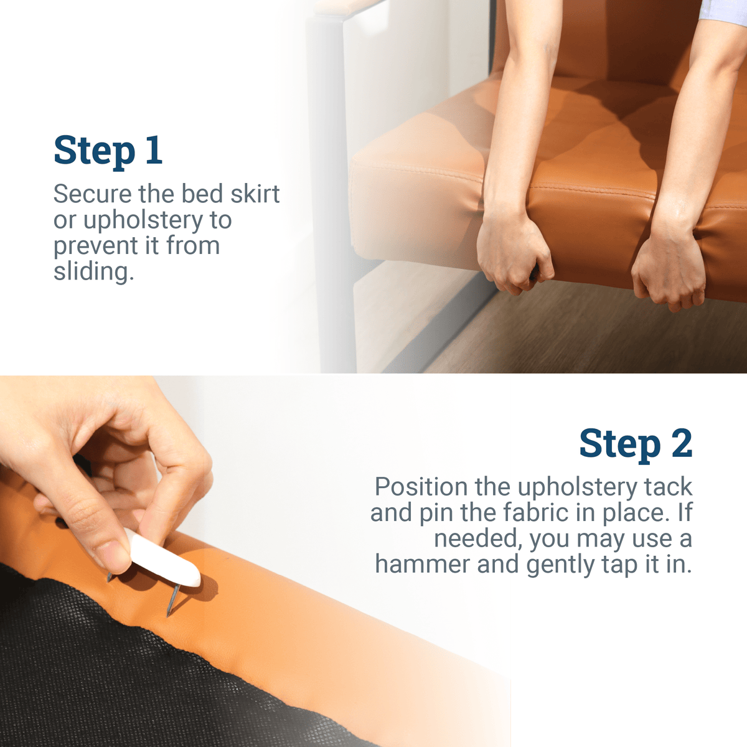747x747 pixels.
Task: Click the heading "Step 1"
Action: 108,151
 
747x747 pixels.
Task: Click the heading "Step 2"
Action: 636,444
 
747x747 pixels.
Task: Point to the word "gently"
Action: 560,565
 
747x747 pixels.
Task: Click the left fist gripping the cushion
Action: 514,254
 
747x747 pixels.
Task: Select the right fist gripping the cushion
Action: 667,271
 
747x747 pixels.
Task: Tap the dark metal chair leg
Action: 329,194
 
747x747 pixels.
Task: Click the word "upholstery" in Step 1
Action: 143,220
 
